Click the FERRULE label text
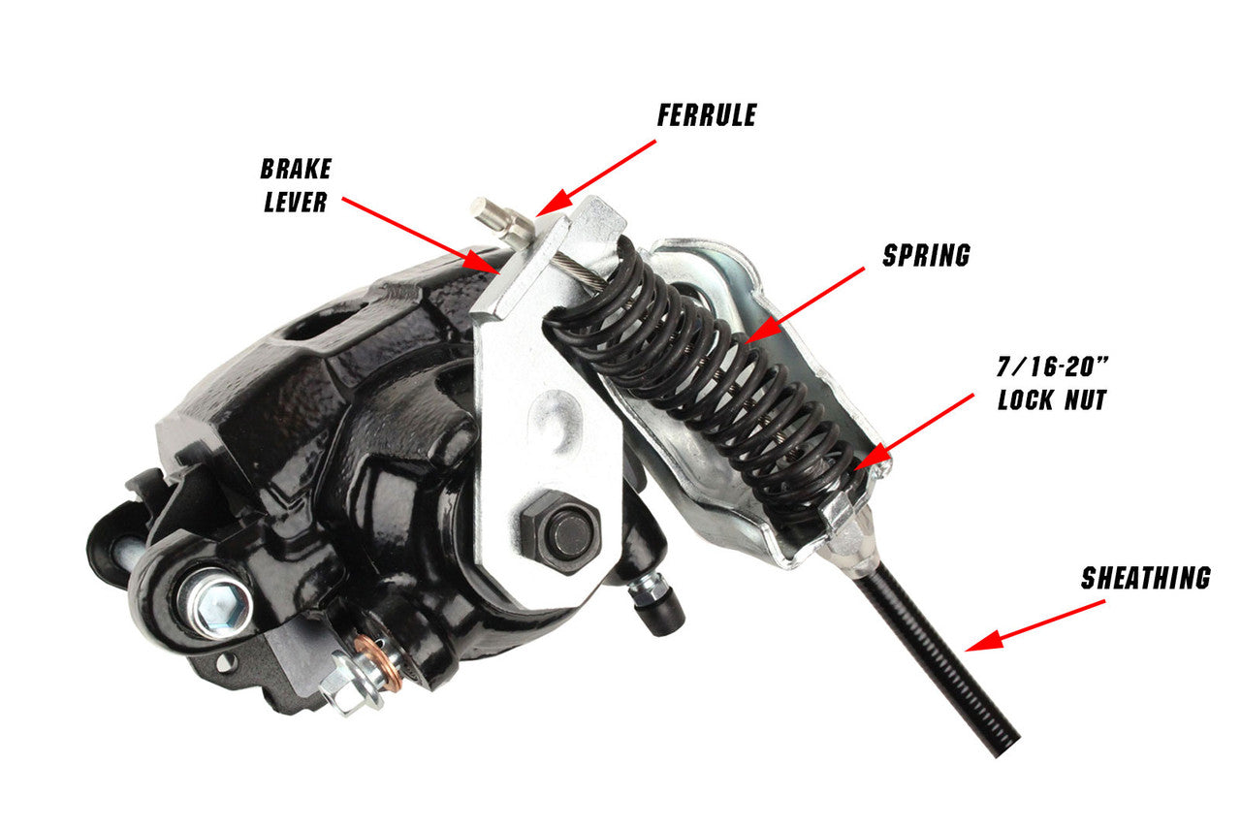tap(707, 115)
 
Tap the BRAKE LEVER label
tap(296, 185)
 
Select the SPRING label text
tap(926, 255)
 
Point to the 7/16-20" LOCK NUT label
tap(1052, 384)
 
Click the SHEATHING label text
tap(1146, 579)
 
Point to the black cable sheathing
tap(940, 659)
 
